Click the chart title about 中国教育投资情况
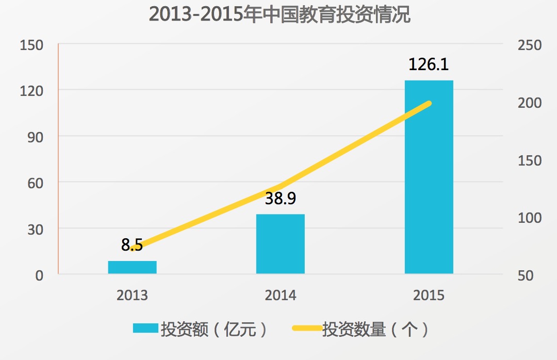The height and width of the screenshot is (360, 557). pos(279,14)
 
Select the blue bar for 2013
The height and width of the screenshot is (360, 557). pos(132,267)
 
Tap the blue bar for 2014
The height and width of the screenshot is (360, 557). pos(281,243)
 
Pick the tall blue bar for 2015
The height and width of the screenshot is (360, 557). pos(429,176)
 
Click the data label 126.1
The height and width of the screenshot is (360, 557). pos(429,65)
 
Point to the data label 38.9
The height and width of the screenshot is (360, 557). pos(281,199)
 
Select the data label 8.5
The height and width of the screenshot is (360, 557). pos(132,245)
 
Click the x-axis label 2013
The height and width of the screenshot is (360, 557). pos(132,296)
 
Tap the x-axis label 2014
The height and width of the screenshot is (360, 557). pos(281,296)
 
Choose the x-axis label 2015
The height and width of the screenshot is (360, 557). pos(429,296)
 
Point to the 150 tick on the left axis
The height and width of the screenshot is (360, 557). pos(31,45)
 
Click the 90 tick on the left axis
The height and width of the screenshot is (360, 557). pos(35,137)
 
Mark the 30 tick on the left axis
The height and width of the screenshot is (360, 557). pos(35,228)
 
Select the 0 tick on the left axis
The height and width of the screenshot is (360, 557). pos(39,275)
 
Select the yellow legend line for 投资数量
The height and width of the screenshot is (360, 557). pos(307,329)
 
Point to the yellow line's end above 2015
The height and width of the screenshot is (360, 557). pos(429,104)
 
